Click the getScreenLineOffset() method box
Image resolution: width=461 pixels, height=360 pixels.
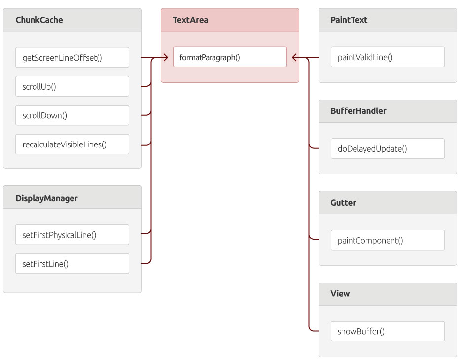(72, 57)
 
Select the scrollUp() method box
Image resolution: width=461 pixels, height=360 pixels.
(72, 86)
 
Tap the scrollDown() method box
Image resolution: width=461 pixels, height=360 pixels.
(72, 115)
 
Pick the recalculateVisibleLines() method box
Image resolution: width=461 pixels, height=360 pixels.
(72, 144)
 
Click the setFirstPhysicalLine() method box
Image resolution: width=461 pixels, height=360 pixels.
(72, 235)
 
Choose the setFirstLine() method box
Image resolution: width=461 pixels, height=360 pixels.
(72, 263)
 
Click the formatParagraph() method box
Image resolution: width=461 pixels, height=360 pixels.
(230, 57)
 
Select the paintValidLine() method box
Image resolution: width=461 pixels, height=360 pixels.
(388, 57)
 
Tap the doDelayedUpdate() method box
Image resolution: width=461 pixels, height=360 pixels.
(388, 148)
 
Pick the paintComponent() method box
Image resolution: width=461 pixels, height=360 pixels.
(388, 240)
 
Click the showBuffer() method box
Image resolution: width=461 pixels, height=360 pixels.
(388, 331)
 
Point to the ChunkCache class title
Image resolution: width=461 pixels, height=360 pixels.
(39, 20)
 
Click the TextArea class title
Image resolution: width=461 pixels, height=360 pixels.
(190, 20)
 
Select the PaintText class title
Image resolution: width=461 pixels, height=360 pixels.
(349, 20)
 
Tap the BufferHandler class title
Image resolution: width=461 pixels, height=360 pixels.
(358, 111)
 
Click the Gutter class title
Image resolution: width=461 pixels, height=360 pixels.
(343, 203)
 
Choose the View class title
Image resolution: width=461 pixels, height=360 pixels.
(340, 293)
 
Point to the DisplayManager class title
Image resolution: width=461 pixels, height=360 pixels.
(46, 198)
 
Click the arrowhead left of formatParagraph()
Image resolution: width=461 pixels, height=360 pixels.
(166, 57)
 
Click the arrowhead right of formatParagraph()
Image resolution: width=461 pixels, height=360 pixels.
(294, 57)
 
